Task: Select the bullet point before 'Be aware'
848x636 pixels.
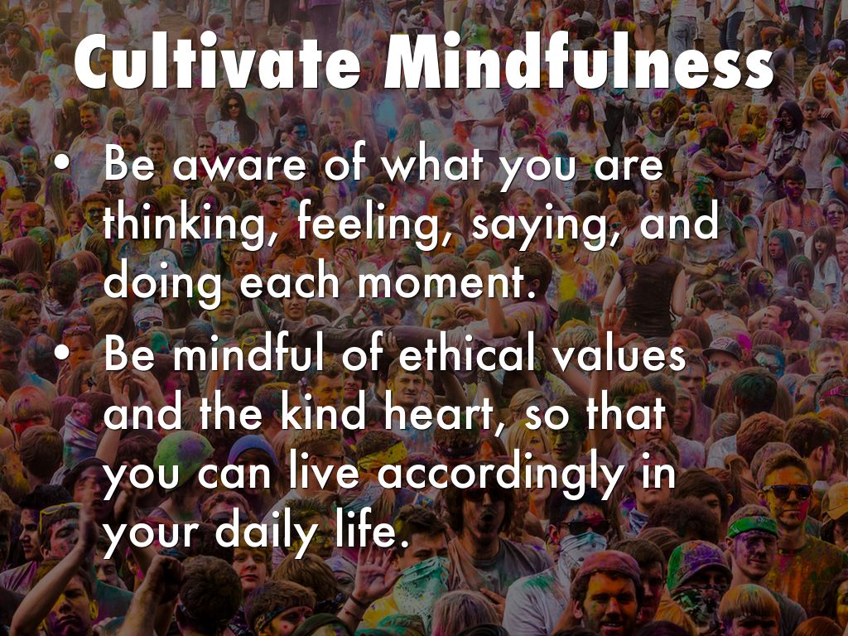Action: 62,165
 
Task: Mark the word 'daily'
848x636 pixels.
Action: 265,532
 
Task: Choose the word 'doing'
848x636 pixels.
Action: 161,284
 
